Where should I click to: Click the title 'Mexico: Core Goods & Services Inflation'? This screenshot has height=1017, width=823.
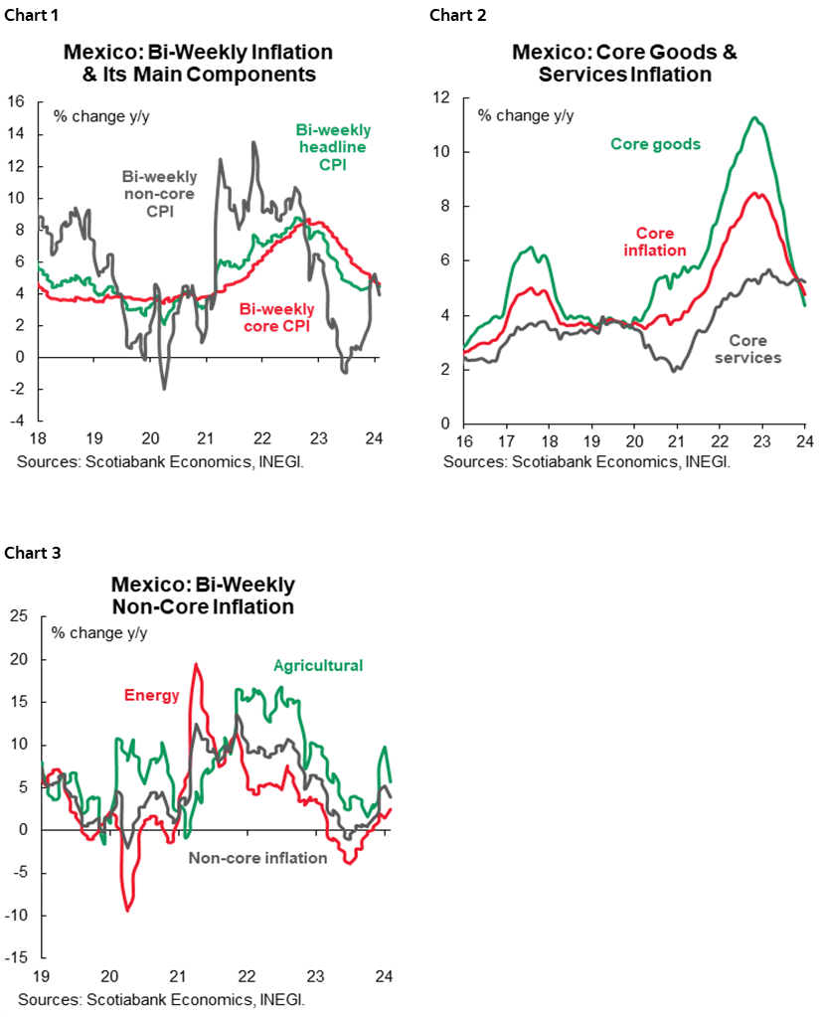pos(624,63)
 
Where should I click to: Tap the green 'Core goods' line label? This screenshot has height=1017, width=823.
pos(655,144)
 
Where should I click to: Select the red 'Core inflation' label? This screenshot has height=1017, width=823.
pos(654,241)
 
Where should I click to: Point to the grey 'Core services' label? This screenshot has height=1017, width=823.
pos(748,348)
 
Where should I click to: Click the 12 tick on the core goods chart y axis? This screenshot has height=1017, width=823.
pos(441,97)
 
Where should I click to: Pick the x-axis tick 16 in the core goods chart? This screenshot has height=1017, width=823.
pos(464,440)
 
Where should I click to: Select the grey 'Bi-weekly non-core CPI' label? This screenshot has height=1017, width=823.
pos(159,194)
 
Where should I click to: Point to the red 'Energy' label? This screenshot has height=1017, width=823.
pos(151,695)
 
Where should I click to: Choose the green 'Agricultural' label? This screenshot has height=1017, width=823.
pos(318,665)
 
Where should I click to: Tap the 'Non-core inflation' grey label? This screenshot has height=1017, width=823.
pos(257,857)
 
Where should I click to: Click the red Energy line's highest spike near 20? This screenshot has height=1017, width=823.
pos(196,664)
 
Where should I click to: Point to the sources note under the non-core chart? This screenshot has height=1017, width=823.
pos(161,997)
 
